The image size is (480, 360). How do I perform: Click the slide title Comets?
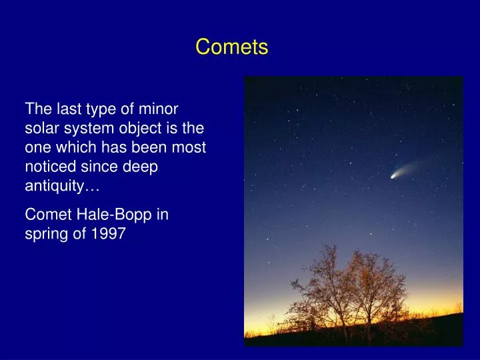231,47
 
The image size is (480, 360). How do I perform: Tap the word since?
99,167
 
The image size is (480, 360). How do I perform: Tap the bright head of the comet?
393,176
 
